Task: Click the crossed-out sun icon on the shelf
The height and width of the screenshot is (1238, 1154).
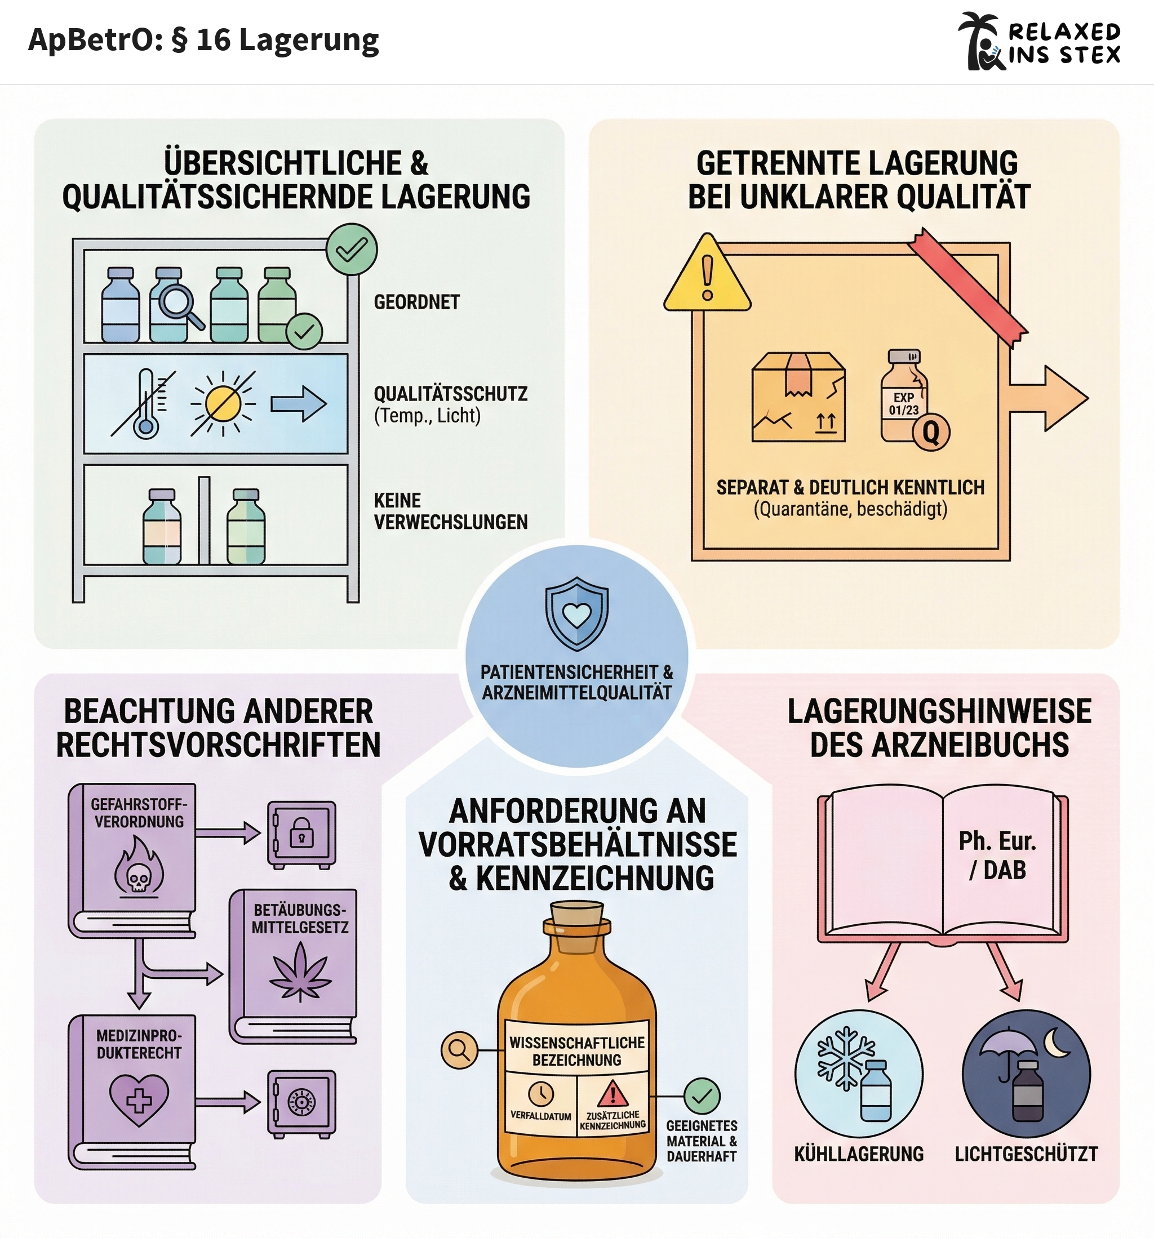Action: click(x=223, y=403)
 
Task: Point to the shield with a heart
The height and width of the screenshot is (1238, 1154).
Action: click(x=576, y=613)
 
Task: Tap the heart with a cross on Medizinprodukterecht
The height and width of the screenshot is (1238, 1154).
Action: click(x=138, y=1101)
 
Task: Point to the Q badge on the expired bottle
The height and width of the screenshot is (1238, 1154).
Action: click(x=930, y=431)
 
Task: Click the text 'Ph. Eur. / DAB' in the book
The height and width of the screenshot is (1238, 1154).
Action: click(x=997, y=855)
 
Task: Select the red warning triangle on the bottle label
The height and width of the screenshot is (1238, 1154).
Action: click(x=612, y=1093)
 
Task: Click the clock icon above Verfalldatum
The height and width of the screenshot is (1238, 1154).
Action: click(x=541, y=1093)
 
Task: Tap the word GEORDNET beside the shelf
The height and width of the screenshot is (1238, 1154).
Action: click(x=416, y=302)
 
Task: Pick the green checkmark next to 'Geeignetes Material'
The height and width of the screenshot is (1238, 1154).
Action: click(x=702, y=1096)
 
